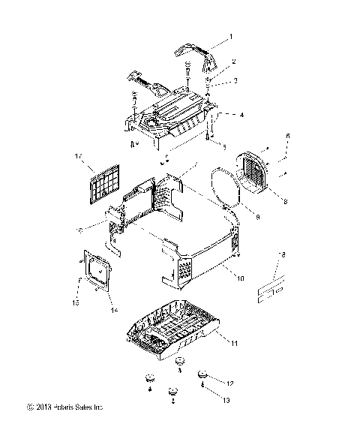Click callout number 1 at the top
point(232,36)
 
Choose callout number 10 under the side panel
point(241,277)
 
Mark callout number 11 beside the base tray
point(235,342)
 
